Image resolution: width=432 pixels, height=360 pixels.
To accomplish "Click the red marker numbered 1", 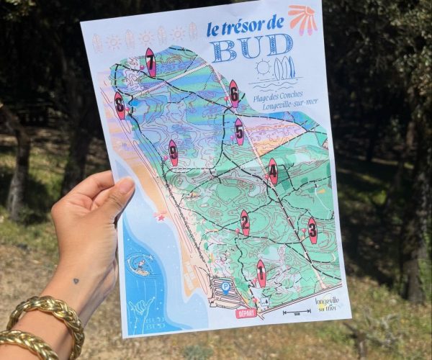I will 261,272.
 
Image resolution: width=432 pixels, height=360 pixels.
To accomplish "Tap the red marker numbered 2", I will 245,222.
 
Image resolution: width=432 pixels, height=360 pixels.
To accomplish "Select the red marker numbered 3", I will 312,230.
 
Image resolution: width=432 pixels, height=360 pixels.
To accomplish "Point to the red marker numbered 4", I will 272,171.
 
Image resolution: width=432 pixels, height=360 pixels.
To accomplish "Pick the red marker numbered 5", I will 239,131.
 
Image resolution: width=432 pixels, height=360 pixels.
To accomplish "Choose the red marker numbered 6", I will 233,93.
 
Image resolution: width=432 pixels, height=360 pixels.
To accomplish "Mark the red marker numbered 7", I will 150,61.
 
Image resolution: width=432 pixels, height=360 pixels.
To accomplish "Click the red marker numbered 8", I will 120,104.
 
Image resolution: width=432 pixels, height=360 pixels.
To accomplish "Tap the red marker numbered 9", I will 173,152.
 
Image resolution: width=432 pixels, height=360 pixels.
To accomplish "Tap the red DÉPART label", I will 246,313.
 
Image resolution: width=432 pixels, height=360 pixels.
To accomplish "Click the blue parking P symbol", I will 225,287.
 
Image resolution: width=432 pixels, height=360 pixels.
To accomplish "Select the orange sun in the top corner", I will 302,19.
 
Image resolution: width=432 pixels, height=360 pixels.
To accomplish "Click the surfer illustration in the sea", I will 140,266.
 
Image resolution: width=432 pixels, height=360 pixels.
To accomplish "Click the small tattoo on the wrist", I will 76,282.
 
